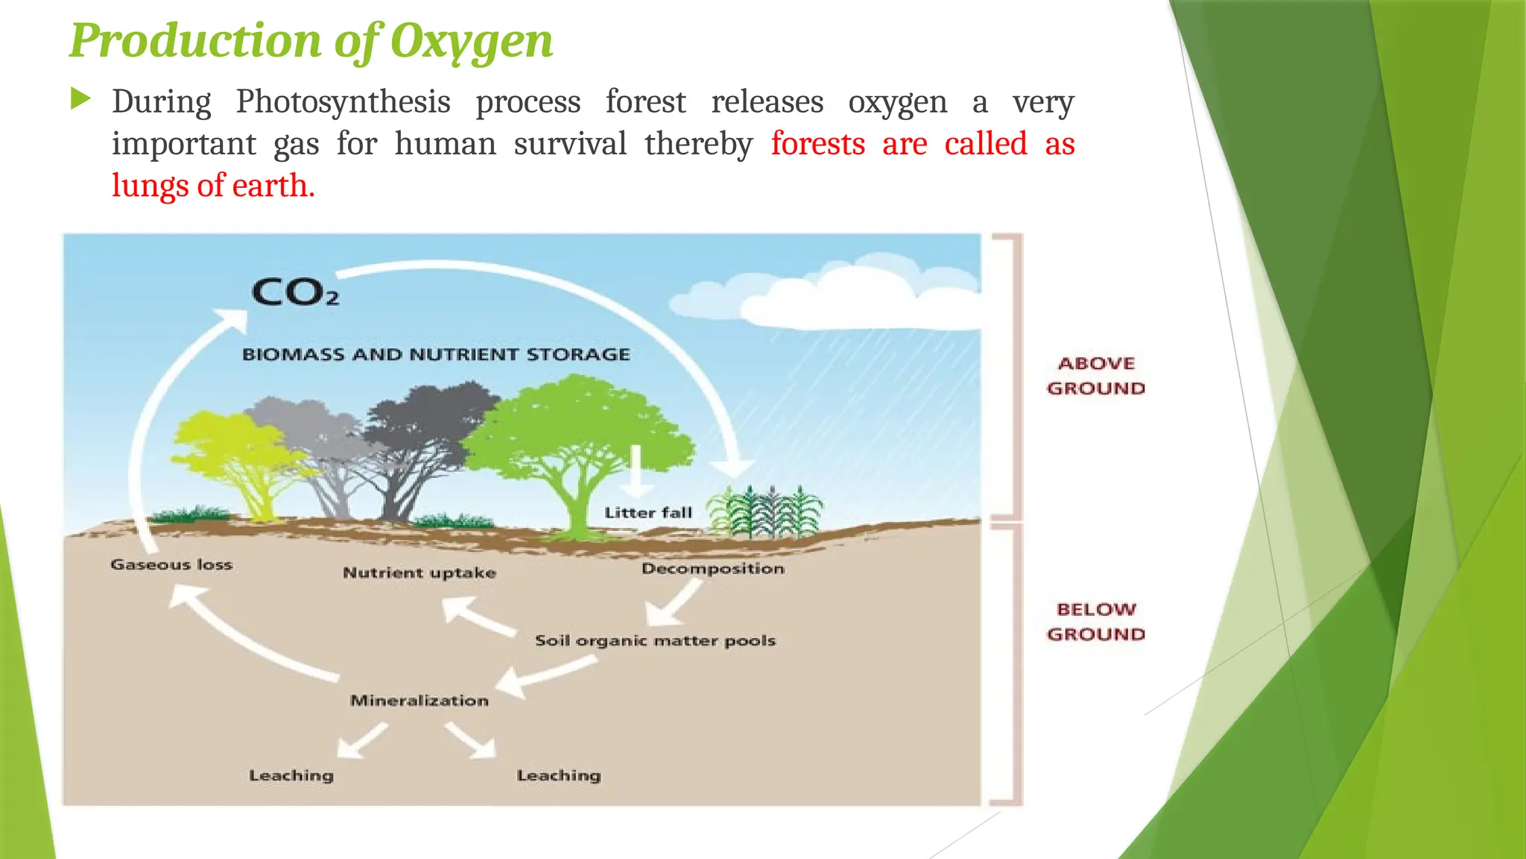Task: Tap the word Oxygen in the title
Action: click(471, 40)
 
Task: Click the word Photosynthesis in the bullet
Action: click(343, 101)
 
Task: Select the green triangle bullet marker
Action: click(80, 98)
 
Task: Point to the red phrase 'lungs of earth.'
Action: click(213, 185)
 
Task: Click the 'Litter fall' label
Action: click(648, 512)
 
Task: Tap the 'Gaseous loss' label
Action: click(171, 564)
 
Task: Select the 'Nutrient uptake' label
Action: click(419, 573)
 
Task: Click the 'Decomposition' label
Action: click(713, 568)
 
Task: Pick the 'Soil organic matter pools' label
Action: click(655, 641)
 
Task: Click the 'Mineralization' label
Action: click(419, 700)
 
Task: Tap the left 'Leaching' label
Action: click(291, 775)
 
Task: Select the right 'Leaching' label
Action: click(559, 775)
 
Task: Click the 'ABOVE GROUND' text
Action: click(1095, 376)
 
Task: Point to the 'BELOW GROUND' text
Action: click(1095, 622)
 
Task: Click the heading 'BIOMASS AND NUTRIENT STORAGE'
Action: click(436, 354)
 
